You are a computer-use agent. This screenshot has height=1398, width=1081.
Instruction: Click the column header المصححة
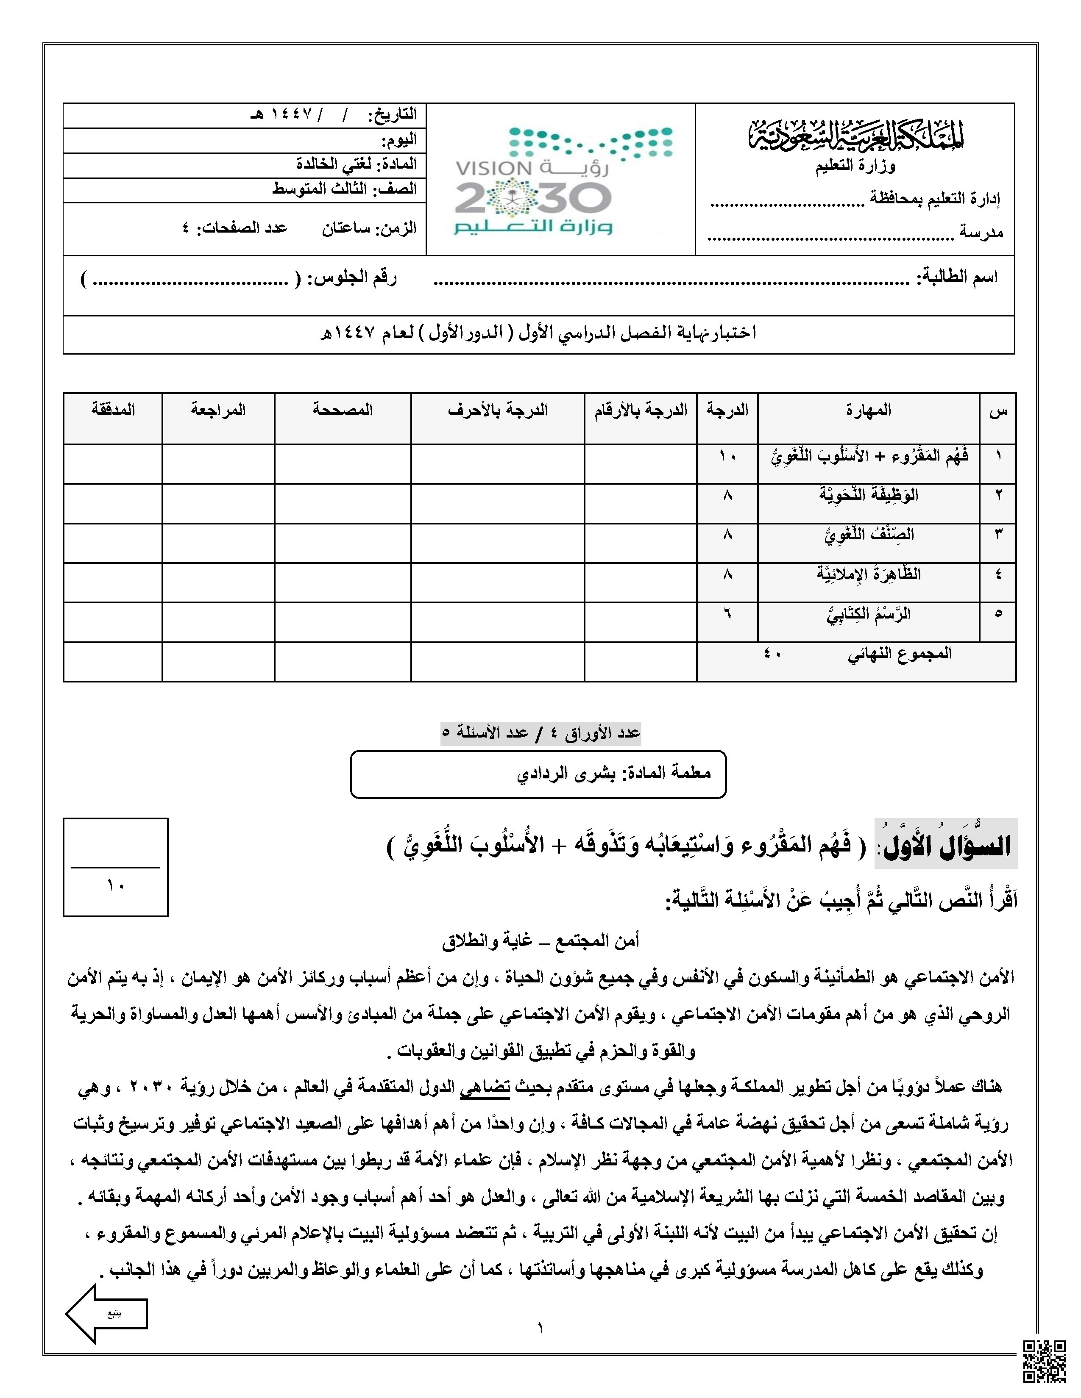pyautogui.click(x=343, y=410)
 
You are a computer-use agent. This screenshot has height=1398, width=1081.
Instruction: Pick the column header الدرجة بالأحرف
pyautogui.click(x=498, y=410)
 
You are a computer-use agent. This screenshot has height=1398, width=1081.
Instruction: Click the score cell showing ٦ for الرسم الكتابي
pyautogui.click(x=727, y=614)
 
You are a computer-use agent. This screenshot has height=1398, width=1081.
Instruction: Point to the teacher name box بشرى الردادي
pyautogui.click(x=538, y=774)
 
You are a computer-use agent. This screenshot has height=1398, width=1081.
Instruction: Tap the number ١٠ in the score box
pyautogui.click(x=115, y=886)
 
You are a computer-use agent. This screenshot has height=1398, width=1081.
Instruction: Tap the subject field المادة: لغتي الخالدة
pyautogui.click(x=356, y=164)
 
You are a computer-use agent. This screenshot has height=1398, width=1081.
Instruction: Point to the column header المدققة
pyautogui.click(x=113, y=410)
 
